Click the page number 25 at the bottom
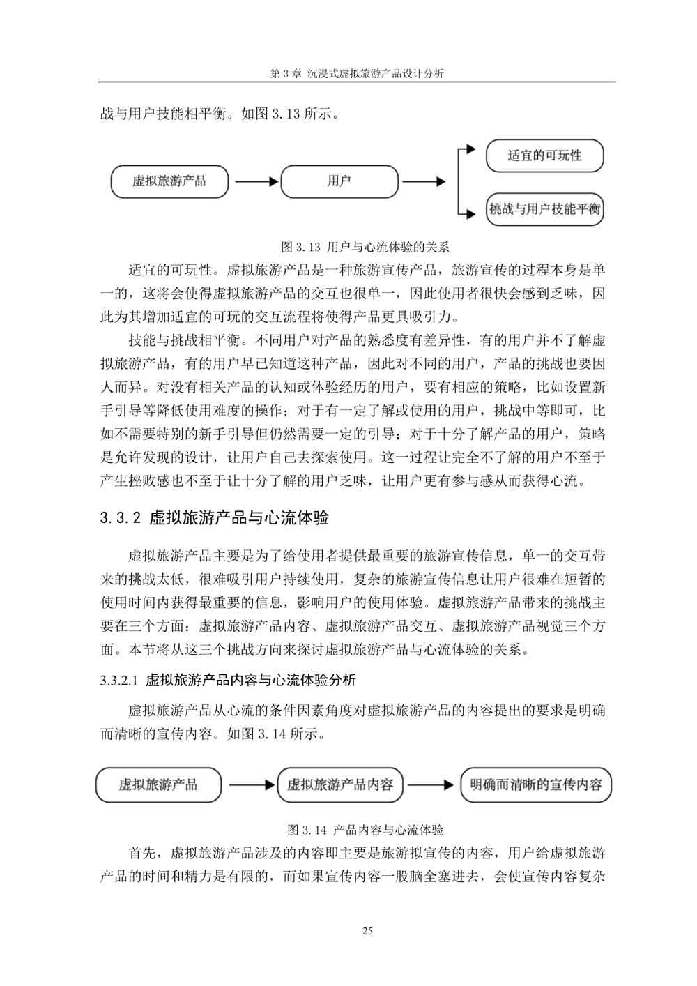pyautogui.click(x=367, y=931)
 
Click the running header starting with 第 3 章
pyautogui.click(x=356, y=73)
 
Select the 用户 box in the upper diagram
pyautogui.click(x=339, y=181)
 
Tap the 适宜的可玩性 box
pyautogui.click(x=544, y=156)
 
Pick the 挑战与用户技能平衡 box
pyautogui.click(x=544, y=208)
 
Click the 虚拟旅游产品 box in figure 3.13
pyautogui.click(x=169, y=181)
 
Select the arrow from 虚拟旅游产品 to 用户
pyautogui.click(x=255, y=182)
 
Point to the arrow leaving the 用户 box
pyautogui.click(x=423, y=182)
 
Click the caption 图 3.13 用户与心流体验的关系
pyautogui.click(x=365, y=247)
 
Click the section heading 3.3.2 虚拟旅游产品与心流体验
pyautogui.click(x=214, y=517)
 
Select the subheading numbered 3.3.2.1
pyautogui.click(x=228, y=680)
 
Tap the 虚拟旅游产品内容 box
pyautogui.click(x=340, y=784)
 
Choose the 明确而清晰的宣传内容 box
pyautogui.click(x=536, y=784)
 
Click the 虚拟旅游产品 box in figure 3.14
pyautogui.click(x=158, y=784)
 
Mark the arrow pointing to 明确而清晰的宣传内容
pyautogui.click(x=430, y=785)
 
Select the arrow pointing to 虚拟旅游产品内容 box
pyautogui.click(x=251, y=785)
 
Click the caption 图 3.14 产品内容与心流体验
pyautogui.click(x=365, y=830)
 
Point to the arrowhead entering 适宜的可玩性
pyautogui.click(x=471, y=149)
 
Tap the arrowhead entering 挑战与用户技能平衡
pyautogui.click(x=471, y=213)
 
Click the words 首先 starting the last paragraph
pyautogui.click(x=142, y=853)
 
